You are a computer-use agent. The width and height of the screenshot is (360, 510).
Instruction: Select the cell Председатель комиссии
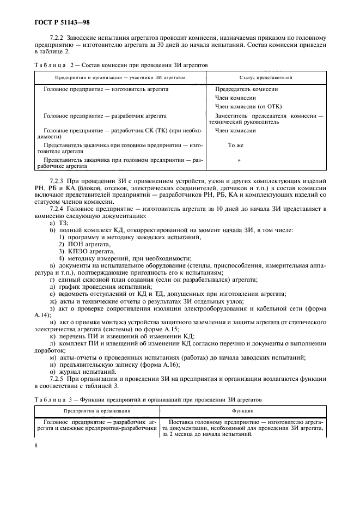pyautogui.click(x=247, y=89)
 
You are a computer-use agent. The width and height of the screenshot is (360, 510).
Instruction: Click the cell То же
pyautogui.click(x=235, y=146)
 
